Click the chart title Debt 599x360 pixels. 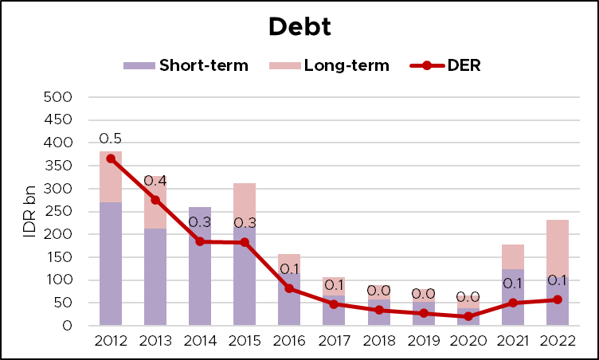[x=299, y=25]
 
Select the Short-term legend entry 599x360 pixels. [x=186, y=65]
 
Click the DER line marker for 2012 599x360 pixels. [x=111, y=158]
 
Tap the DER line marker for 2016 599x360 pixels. [x=290, y=288]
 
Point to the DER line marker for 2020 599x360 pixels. [x=468, y=316]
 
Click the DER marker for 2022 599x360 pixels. [x=558, y=299]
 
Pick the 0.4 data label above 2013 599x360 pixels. [x=155, y=181]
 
